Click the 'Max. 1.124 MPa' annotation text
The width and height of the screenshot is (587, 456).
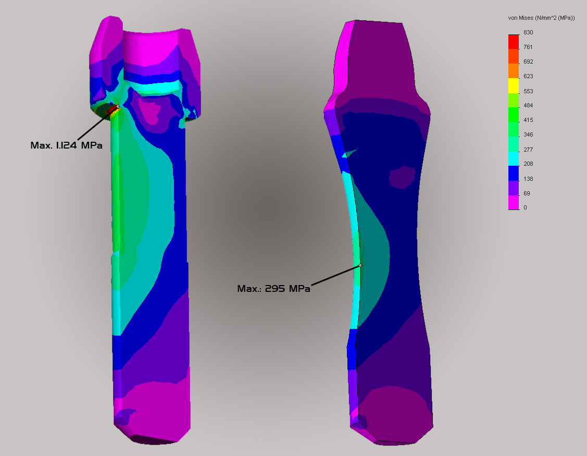pos(66,145)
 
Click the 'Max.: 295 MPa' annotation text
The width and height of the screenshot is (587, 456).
pos(273,289)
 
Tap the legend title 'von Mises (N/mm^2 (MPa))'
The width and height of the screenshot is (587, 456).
pos(541,18)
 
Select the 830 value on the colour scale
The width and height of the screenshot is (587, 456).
pos(528,33)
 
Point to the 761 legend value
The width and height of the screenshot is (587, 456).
pos(528,47)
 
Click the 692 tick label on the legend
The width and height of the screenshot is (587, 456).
pos(528,62)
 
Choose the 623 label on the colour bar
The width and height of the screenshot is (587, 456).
pos(528,77)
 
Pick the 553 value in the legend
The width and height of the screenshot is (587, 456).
pos(528,91)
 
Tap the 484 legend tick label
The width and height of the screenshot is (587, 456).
pos(528,106)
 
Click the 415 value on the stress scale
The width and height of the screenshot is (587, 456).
pos(528,120)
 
